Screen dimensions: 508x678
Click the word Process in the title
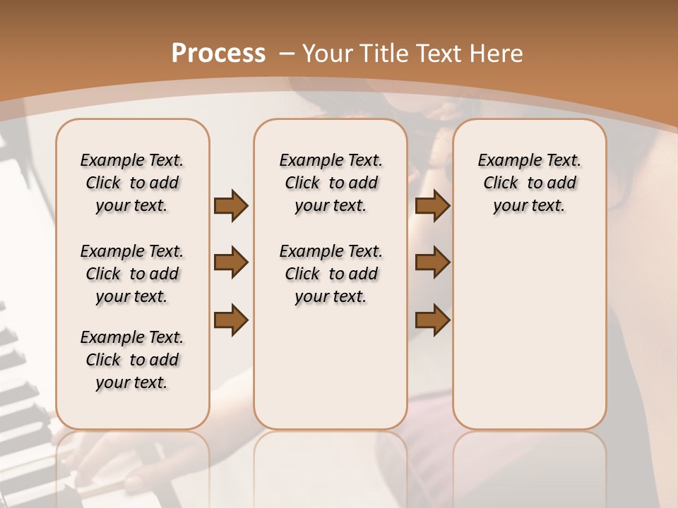pyautogui.click(x=218, y=54)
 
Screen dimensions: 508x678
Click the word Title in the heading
pyautogui.click(x=384, y=54)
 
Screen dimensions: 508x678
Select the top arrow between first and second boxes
pyautogui.click(x=231, y=205)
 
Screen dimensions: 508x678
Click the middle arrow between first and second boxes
pyautogui.click(x=231, y=262)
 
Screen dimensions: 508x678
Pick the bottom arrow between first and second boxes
pyautogui.click(x=231, y=320)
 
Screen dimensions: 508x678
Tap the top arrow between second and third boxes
pyautogui.click(x=433, y=205)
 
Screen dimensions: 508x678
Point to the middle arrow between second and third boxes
pyautogui.click(x=433, y=262)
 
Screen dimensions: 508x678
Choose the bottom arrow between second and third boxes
pyautogui.click(x=433, y=320)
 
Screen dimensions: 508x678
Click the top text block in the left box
pyautogui.click(x=132, y=183)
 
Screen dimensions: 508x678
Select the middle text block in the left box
pyautogui.click(x=132, y=274)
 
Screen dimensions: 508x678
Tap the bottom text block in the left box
pyautogui.click(x=132, y=360)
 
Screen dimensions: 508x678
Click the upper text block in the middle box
pyautogui.click(x=331, y=183)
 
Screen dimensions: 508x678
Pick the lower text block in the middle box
pyautogui.click(x=331, y=274)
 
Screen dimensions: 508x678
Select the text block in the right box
pyautogui.click(x=529, y=183)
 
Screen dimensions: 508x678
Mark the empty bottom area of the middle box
pyautogui.click(x=331, y=374)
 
